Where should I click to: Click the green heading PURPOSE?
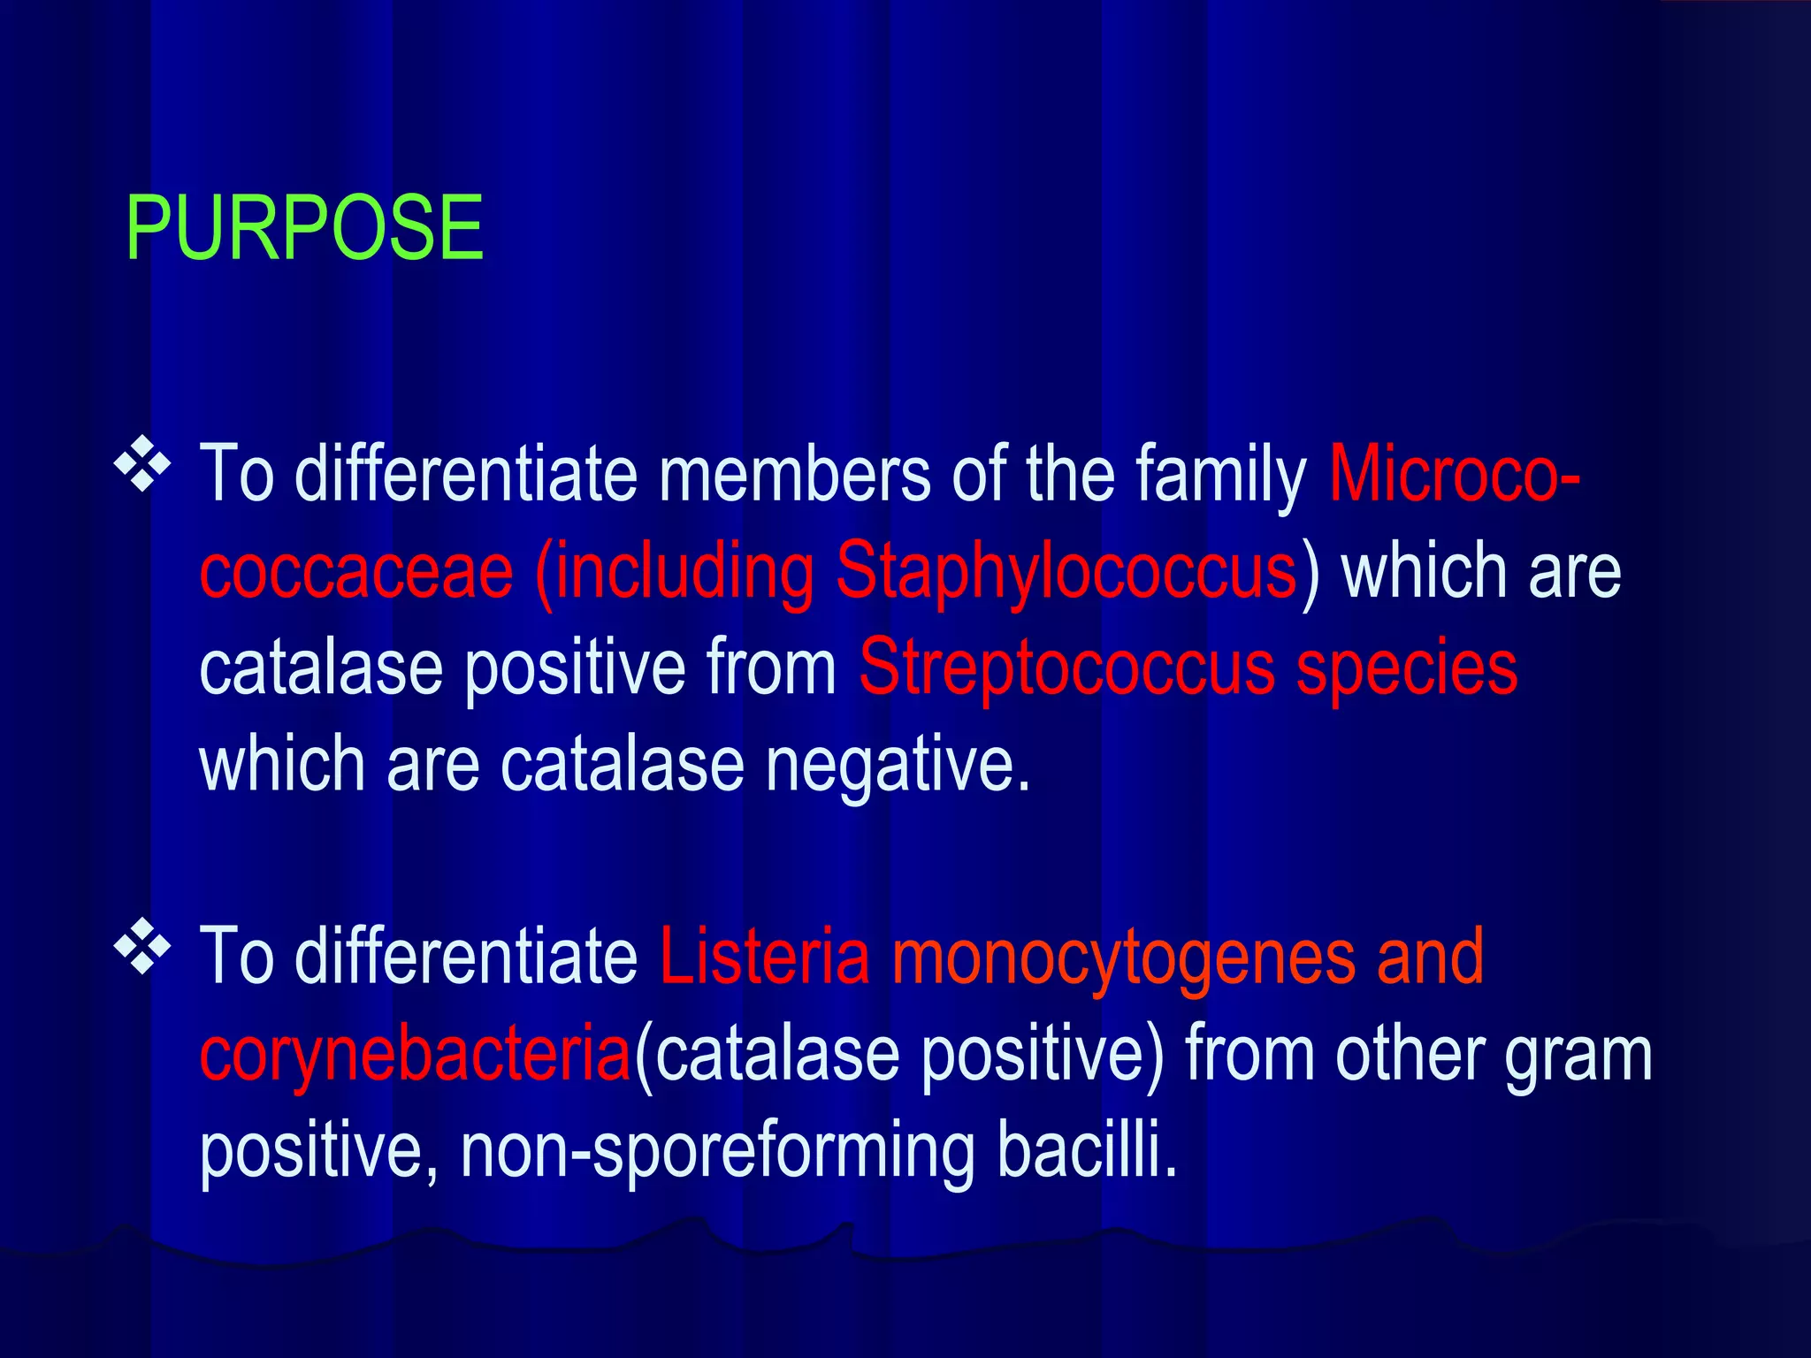click(x=304, y=228)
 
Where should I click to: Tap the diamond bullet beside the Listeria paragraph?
click(x=141, y=947)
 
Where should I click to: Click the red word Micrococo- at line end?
click(x=1455, y=475)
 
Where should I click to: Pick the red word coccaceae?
click(x=356, y=571)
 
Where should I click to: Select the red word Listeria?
click(x=765, y=957)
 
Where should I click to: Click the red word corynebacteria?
click(x=415, y=1055)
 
